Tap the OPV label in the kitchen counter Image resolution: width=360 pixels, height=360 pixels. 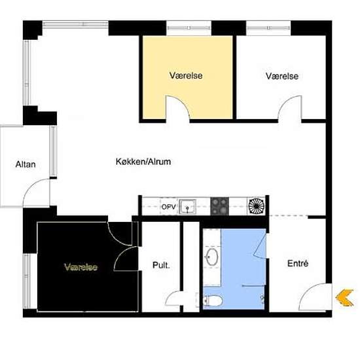click(x=168, y=207)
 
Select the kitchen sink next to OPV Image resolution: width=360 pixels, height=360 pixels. click(x=188, y=206)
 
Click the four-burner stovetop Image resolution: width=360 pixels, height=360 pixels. click(x=220, y=206)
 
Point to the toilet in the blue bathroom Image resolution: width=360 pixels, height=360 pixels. click(x=213, y=300)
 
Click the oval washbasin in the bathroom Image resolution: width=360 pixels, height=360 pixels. click(x=212, y=257)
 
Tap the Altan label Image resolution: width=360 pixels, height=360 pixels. click(x=26, y=164)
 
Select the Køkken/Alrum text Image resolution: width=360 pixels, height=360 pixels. click(x=143, y=162)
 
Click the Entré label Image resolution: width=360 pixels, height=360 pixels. click(x=298, y=263)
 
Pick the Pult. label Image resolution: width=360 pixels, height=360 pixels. click(x=161, y=265)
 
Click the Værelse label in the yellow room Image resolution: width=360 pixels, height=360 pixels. click(x=186, y=75)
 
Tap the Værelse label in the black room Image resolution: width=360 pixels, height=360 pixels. click(x=81, y=267)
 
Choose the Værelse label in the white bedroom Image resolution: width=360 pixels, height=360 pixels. click(x=282, y=76)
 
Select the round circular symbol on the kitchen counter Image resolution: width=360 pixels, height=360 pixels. click(x=256, y=205)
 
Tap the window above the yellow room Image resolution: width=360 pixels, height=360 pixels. click(x=189, y=28)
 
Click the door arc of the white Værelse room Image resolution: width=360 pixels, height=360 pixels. click(x=285, y=102)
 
